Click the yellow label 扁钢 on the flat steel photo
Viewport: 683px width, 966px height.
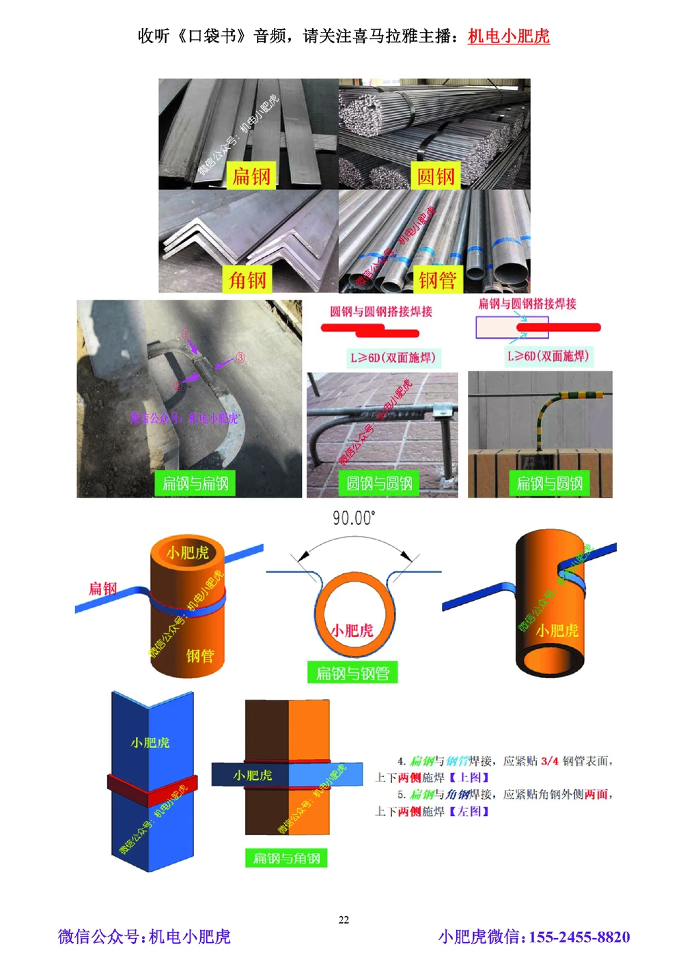[x=251, y=176]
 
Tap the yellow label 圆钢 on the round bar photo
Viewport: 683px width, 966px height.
[x=436, y=176]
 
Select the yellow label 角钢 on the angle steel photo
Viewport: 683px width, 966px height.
[x=247, y=280]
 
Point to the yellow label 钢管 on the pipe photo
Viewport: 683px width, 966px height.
[x=437, y=280]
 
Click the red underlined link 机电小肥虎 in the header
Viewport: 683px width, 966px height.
[x=508, y=36]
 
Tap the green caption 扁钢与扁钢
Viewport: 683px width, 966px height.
[x=195, y=483]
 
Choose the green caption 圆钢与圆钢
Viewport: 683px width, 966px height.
[x=379, y=483]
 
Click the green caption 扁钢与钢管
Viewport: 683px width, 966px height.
[x=352, y=673]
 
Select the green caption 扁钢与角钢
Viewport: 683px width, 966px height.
[x=286, y=858]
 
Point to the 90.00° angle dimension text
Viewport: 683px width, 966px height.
[x=354, y=518]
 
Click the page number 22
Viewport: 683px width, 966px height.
[x=344, y=920]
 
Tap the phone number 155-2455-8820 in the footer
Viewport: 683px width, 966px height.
[x=579, y=937]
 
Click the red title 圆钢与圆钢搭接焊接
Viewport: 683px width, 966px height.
[x=381, y=311]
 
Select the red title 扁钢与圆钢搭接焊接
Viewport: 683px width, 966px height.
[x=527, y=304]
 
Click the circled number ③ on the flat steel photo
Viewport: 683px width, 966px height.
[x=240, y=358]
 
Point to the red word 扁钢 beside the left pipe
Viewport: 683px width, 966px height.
[x=102, y=588]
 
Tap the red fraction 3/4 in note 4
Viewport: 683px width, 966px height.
[x=550, y=761]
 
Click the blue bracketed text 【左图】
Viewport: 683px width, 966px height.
[x=469, y=811]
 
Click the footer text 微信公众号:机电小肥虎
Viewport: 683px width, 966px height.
[x=144, y=937]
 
